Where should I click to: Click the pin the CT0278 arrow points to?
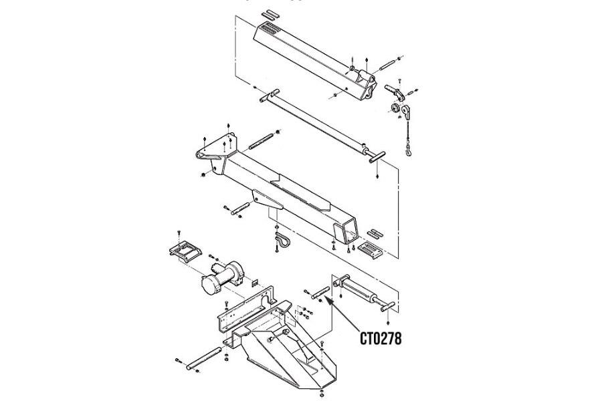point(318,292)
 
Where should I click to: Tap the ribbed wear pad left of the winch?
point(184,253)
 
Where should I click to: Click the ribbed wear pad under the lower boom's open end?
point(370,251)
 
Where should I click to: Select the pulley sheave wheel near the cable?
point(399,108)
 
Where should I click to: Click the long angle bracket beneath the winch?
point(244,307)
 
